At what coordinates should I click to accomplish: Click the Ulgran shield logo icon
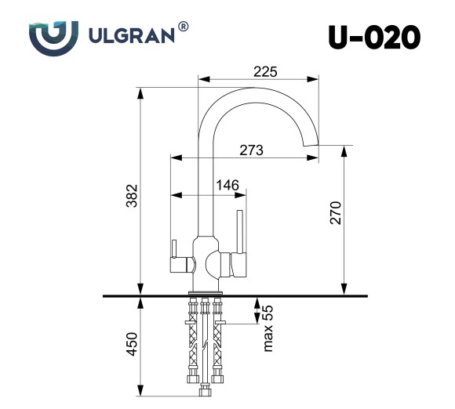point(53,37)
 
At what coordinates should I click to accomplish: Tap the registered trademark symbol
point(184,27)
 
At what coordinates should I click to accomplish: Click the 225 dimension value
point(265,72)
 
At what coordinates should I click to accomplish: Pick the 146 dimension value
point(227,185)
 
